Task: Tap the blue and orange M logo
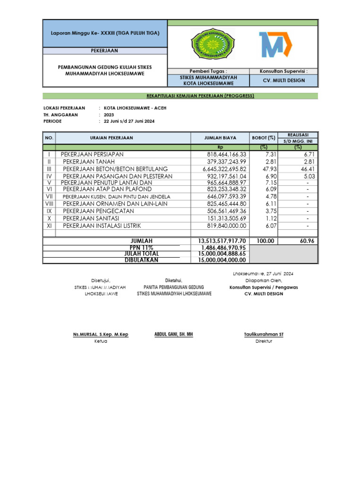tap(275, 44)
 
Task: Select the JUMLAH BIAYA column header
tap(220, 138)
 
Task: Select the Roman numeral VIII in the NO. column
tap(49, 204)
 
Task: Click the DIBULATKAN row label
tap(141, 260)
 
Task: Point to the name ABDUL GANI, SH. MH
tap(173, 334)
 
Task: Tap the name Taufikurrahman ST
tap(263, 335)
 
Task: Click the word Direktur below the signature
tap(263, 341)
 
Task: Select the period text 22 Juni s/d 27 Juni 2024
tap(129, 121)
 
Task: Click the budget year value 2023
tap(109, 115)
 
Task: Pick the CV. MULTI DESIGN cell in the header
tap(284, 80)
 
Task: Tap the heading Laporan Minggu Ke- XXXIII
tap(105, 33)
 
